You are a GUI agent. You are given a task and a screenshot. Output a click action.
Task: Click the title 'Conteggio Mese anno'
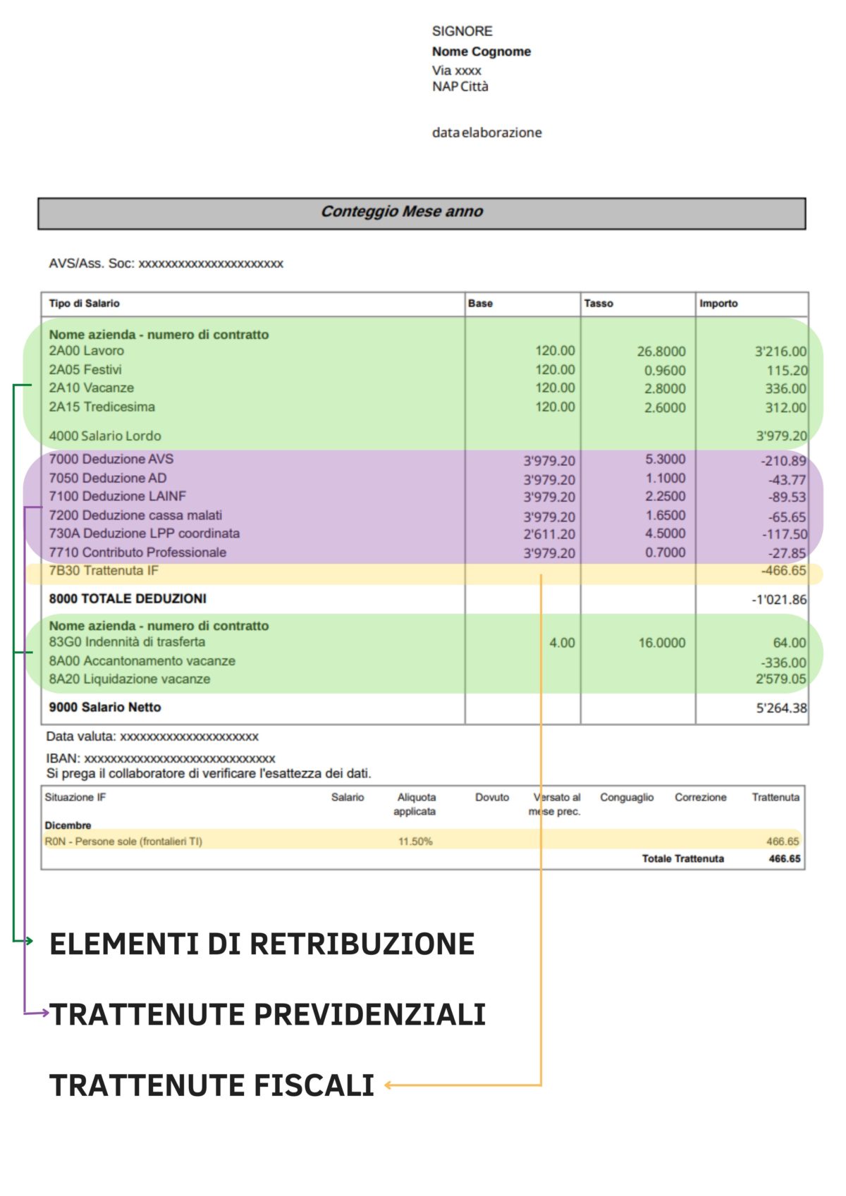pos(402,211)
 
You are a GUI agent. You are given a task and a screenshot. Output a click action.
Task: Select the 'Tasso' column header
pos(599,304)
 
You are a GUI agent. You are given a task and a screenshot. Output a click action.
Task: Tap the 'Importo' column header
pos(718,304)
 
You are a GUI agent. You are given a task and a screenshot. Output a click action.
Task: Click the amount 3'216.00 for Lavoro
pos(780,352)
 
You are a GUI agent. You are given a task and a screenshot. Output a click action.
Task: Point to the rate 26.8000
pos(661,352)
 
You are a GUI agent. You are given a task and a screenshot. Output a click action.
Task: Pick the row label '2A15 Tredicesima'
pos(102,407)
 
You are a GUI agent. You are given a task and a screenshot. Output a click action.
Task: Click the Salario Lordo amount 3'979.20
pos(780,436)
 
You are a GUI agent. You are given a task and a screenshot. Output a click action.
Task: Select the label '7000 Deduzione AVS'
pos(111,460)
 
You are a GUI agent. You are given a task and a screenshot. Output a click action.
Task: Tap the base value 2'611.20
pos(549,534)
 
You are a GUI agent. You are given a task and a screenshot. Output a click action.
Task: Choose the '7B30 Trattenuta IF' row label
pos(104,571)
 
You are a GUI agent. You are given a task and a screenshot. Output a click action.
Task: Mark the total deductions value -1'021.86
pos(779,600)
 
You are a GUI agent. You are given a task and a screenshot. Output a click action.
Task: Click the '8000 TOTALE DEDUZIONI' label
pos(128,599)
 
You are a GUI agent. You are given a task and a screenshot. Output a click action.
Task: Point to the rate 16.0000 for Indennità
pos(662,643)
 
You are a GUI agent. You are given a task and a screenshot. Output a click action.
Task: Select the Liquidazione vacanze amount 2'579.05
pos(780,679)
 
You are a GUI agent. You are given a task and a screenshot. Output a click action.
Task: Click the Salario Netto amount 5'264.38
pos(781,708)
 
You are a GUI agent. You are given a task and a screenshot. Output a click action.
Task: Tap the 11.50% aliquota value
pos(415,841)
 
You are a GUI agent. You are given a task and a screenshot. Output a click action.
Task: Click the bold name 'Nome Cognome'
pos(482,51)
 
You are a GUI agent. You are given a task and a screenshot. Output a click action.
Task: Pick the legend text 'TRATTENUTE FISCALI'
pos(211,1085)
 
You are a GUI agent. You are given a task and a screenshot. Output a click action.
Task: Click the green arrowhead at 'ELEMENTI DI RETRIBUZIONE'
pos(29,941)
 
